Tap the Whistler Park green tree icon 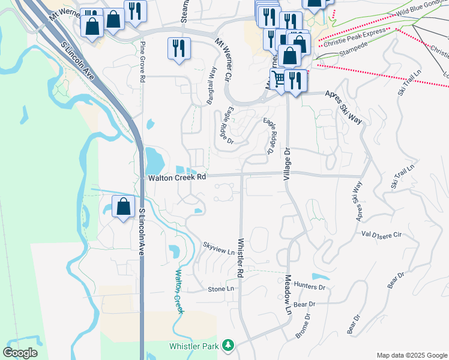(x=228, y=346)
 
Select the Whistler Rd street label (x=240, y=258)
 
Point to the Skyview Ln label (x=218, y=245)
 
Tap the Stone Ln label (x=220, y=289)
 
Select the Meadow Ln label (x=287, y=296)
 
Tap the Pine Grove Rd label (x=142, y=62)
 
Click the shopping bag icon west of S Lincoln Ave (x=123, y=206)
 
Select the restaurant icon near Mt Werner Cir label (x=179, y=48)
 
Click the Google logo (x=20, y=353)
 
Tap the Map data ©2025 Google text (x=411, y=355)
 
